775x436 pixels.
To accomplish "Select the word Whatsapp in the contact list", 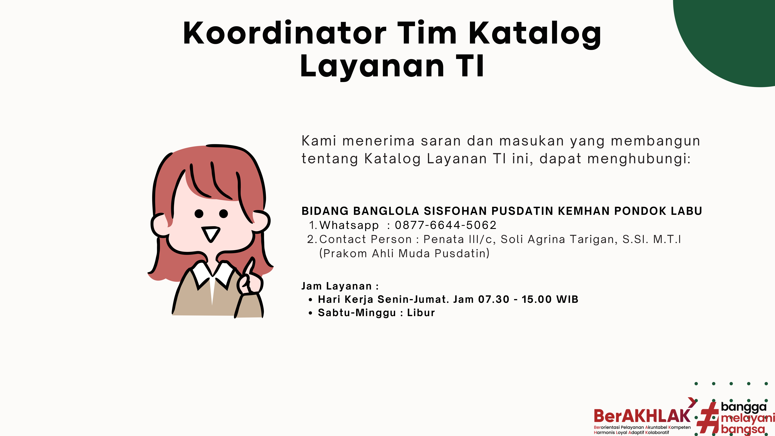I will click(x=349, y=225).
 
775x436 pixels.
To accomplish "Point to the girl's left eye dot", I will click(x=199, y=214).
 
